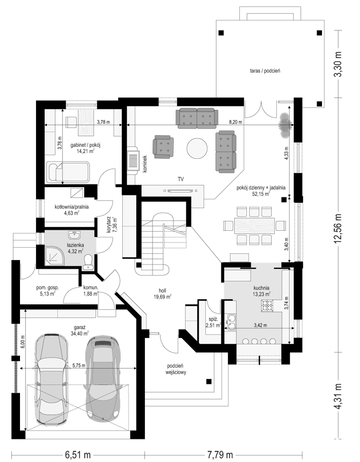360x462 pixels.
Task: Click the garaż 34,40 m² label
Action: (x=80, y=330)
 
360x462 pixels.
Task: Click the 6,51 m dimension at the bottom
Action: (x=78, y=455)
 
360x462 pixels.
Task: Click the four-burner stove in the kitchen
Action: (x=267, y=305)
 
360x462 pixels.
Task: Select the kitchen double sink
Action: (x=232, y=322)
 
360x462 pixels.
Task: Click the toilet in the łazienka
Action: (x=87, y=262)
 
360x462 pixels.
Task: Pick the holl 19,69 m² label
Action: (x=162, y=294)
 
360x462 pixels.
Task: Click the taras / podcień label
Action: (x=263, y=71)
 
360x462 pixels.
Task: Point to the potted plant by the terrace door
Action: (x=285, y=125)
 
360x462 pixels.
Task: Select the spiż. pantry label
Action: (x=214, y=322)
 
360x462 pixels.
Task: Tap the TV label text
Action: (x=181, y=179)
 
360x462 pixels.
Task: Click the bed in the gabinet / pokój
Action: (x=69, y=172)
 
